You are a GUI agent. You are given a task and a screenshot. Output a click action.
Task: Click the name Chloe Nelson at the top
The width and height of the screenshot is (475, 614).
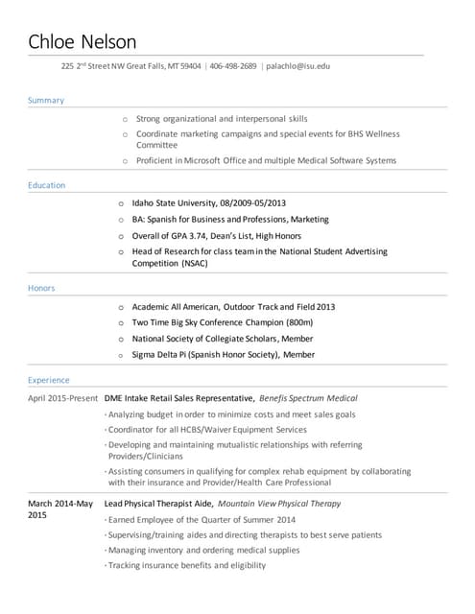[83, 41]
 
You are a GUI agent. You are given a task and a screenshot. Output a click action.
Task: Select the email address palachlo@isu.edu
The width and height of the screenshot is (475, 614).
[297, 66]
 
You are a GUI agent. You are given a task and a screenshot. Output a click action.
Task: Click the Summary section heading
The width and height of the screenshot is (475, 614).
[46, 100]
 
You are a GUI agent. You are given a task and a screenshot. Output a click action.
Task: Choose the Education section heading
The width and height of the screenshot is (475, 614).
[47, 185]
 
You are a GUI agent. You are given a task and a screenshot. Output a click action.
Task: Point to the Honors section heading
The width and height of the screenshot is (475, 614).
[42, 288]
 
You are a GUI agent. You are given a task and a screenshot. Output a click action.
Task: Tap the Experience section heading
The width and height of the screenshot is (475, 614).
[49, 380]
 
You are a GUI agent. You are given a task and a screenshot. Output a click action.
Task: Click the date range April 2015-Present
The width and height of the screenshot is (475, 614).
[63, 397]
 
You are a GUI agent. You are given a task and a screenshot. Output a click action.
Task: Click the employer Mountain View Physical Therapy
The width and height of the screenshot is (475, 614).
[279, 503]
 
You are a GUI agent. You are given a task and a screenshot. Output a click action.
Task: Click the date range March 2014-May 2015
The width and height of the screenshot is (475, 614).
[59, 508]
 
